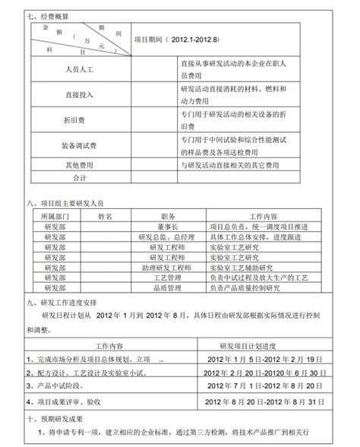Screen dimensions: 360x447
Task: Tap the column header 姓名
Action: click(106, 216)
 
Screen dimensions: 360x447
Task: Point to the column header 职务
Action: click(168, 216)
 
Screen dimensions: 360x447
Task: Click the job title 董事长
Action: click(168, 227)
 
